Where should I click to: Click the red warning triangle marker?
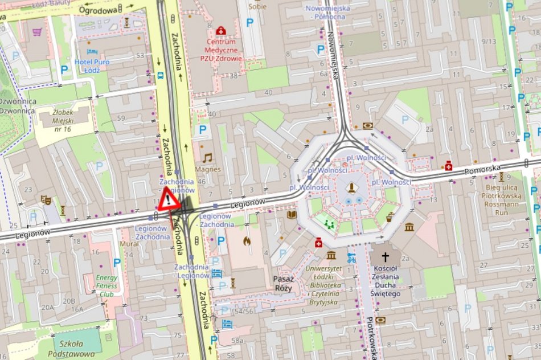169,200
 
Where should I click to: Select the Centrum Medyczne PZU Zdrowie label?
221,50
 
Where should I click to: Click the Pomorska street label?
482,169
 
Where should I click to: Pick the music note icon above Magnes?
207,157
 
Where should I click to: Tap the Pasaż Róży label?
284,283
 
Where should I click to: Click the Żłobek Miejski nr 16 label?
59,121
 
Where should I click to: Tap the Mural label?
130,244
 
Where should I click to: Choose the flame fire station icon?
247,241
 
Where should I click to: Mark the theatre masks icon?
45,200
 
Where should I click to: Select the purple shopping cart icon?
37,32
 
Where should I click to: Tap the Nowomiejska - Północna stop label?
325,13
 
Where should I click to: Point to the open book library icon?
292,215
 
